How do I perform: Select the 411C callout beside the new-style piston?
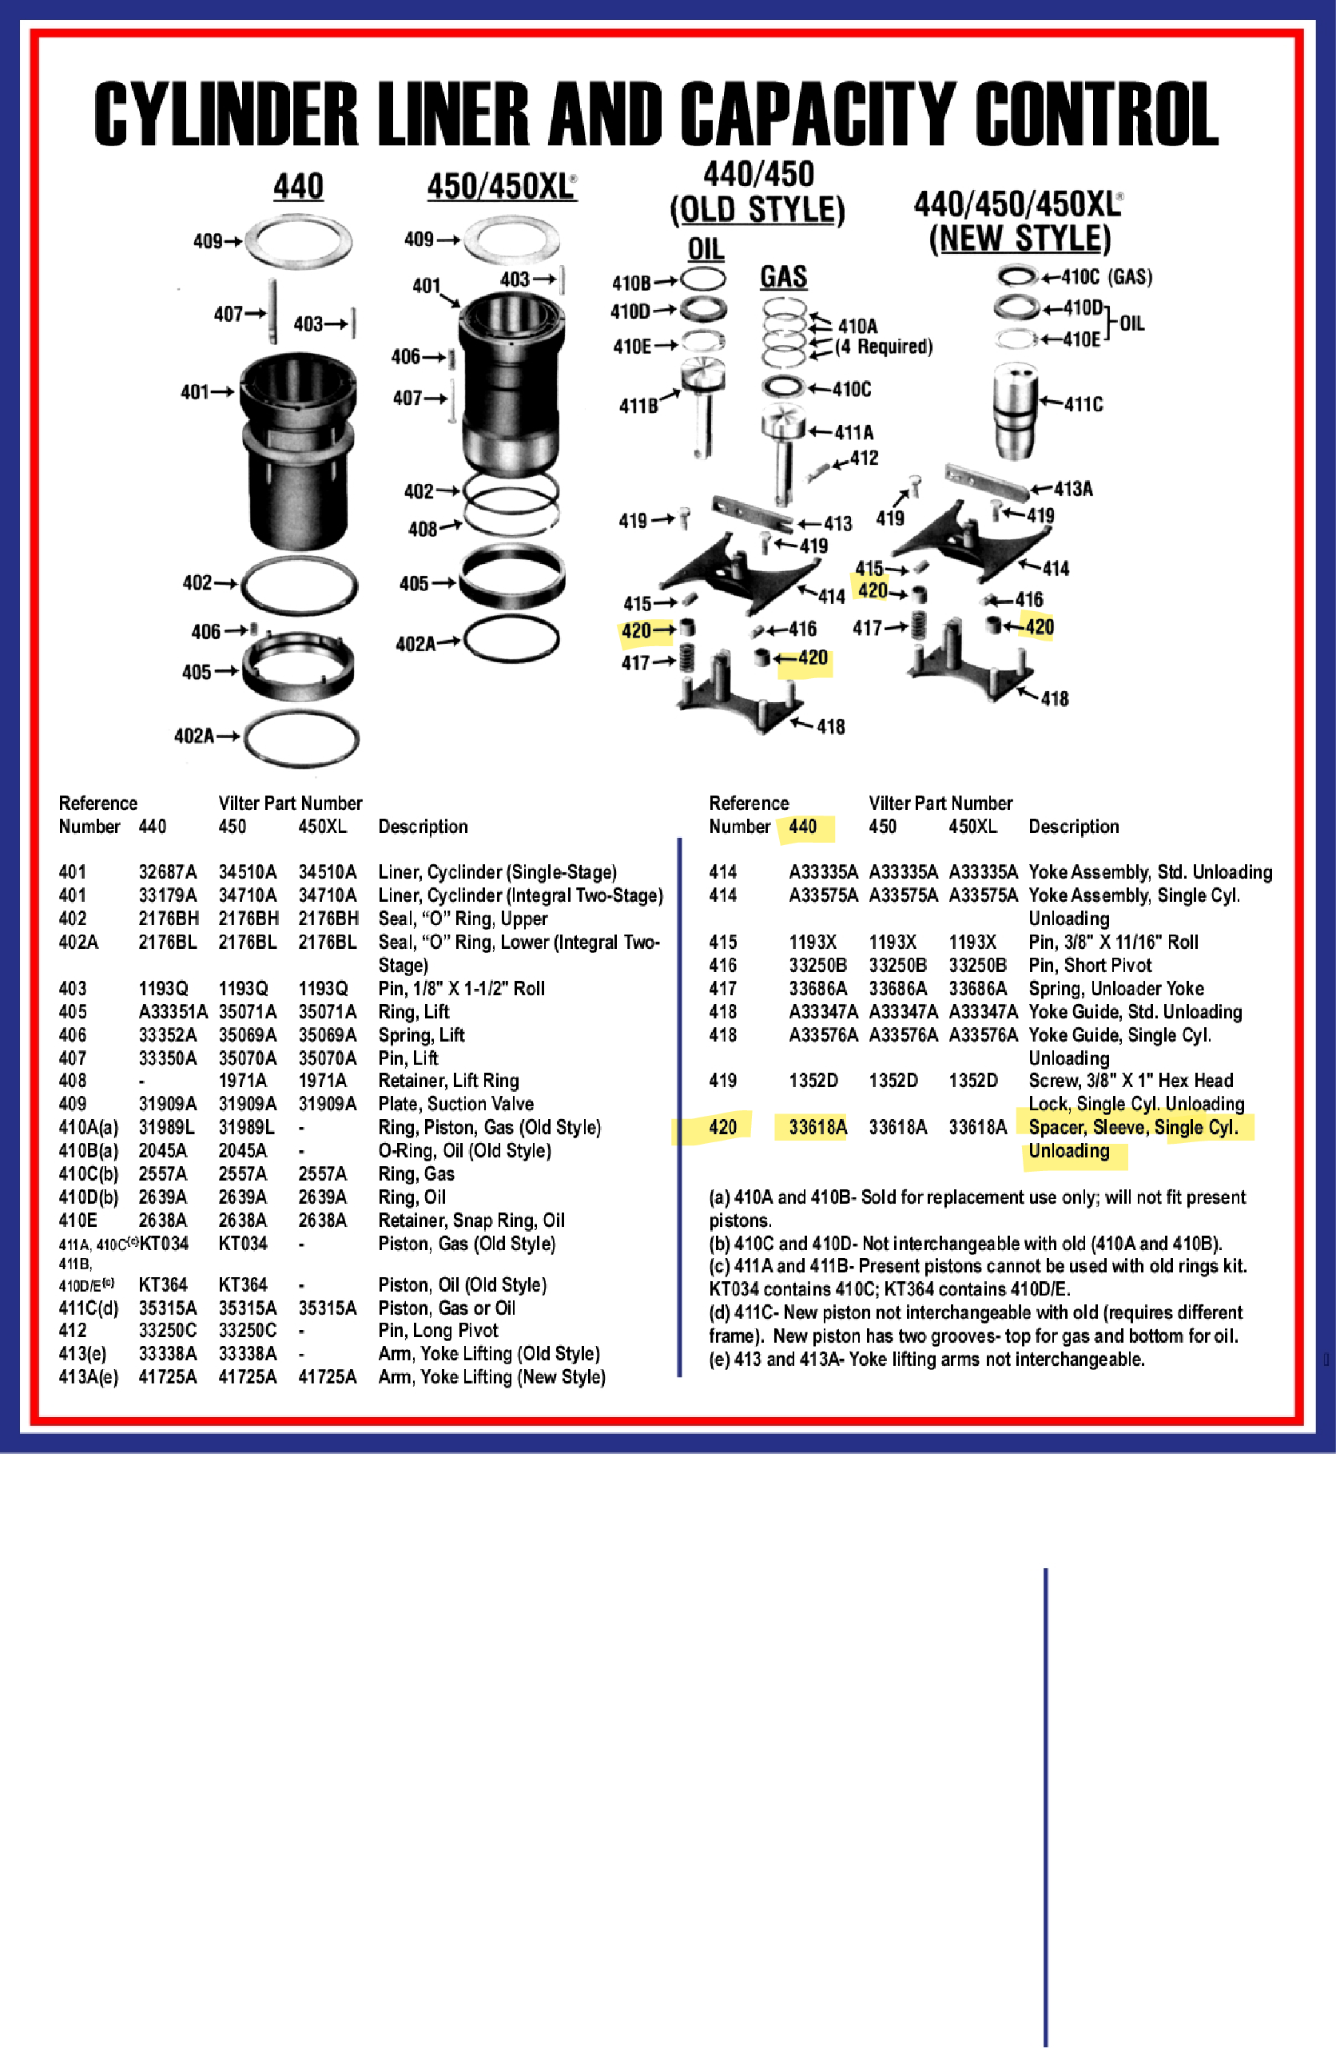coord(1083,404)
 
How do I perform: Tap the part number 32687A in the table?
coord(167,871)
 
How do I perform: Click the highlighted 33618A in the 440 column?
coord(817,1127)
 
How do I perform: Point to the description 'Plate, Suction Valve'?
coord(455,1104)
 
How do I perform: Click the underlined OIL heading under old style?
coord(705,249)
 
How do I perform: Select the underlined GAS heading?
coord(782,277)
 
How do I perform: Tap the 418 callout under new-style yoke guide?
coord(1054,699)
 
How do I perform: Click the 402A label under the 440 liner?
coord(193,736)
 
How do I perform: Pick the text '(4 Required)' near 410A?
coord(884,347)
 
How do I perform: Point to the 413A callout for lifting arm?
coord(1072,490)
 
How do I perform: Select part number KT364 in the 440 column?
coord(163,1284)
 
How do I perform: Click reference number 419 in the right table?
coord(722,1081)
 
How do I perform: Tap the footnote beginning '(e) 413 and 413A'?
coord(926,1359)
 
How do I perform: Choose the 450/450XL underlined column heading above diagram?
coord(501,187)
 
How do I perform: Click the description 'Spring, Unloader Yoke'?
coord(1115,989)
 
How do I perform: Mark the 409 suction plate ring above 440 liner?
coord(299,241)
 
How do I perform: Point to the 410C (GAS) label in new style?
coord(1106,277)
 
